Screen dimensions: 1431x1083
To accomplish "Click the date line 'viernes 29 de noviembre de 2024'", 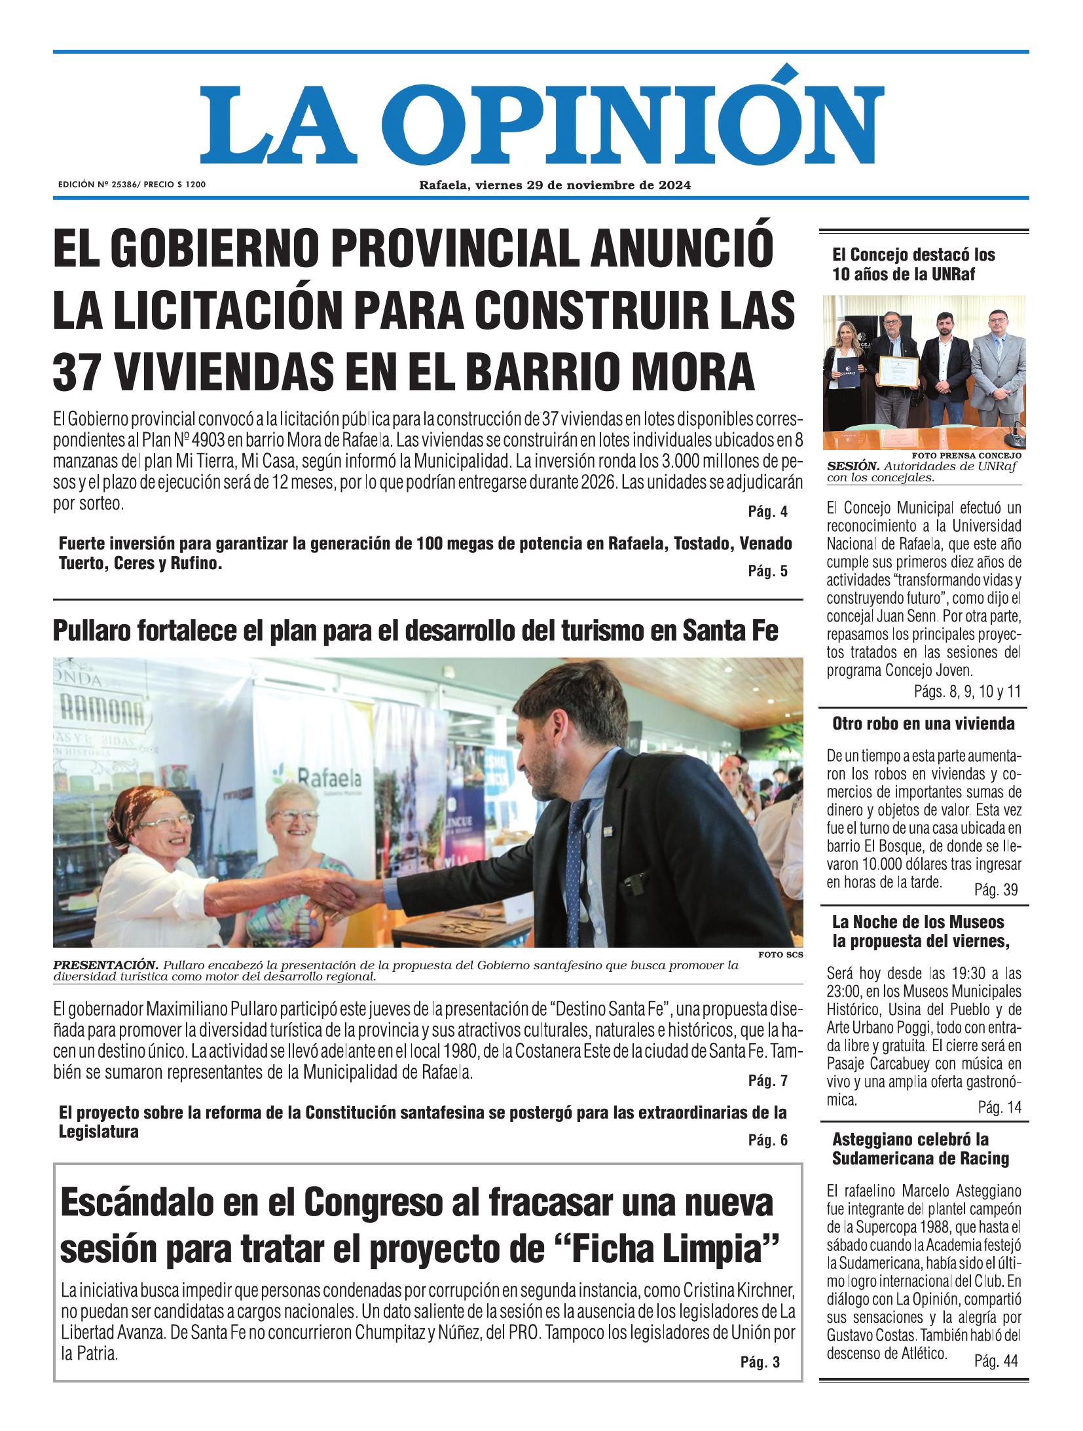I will pos(583,185).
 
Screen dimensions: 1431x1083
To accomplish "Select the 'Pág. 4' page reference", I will pos(767,512).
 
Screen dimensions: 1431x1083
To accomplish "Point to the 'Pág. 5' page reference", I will pos(767,572).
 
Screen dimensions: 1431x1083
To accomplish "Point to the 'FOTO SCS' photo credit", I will pos(780,955).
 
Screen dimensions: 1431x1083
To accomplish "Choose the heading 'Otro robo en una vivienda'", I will pos(923,724).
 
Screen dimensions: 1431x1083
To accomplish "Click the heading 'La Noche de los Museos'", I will pos(918,922).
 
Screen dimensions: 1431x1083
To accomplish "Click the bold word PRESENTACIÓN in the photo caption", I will pos(105,965).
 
